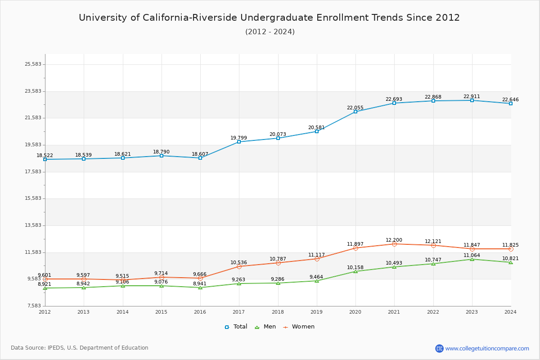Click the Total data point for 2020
355,112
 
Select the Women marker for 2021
394,244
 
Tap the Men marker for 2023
472,259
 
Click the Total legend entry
236,327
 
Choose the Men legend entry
266,327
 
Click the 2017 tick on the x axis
239,312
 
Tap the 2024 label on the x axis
510,312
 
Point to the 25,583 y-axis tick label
33,64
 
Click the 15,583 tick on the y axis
33,198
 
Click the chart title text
269,18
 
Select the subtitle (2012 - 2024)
270,32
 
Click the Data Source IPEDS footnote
80,348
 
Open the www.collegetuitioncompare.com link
487,348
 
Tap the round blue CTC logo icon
439,348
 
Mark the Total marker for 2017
239,142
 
